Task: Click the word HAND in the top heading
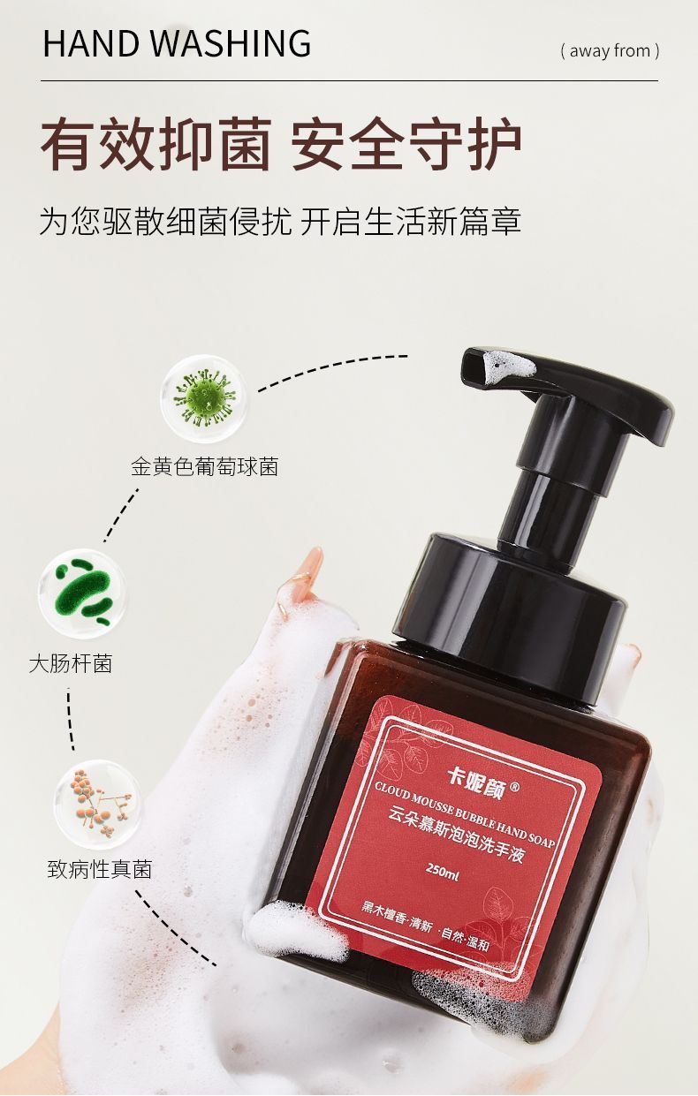(90, 43)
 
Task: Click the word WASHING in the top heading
(230, 43)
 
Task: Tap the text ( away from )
(610, 51)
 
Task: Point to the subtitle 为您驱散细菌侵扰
(166, 221)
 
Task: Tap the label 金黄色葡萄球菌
(204, 467)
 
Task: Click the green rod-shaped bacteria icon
(82, 593)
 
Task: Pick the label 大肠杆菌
(71, 664)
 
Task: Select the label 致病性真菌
(100, 869)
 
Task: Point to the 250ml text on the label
(443, 872)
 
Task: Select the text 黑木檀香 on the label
(383, 913)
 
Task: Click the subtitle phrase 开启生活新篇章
(410, 221)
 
